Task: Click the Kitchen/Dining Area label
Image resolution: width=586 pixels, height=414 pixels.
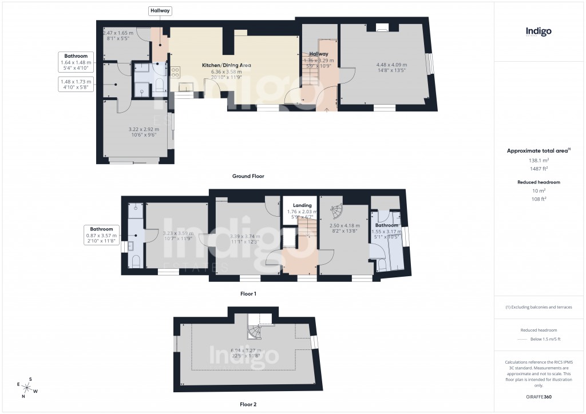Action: click(x=227, y=65)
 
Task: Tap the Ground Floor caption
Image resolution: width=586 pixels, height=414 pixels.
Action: click(x=248, y=176)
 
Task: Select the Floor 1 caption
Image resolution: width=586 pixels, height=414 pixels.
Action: click(x=248, y=293)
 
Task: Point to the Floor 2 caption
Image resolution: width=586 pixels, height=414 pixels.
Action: click(x=248, y=404)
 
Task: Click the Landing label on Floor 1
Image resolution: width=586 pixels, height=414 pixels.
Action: click(x=302, y=205)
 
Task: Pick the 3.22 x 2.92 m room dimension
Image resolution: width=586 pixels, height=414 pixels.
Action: click(x=144, y=130)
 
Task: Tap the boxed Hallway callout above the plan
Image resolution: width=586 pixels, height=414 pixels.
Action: click(x=160, y=11)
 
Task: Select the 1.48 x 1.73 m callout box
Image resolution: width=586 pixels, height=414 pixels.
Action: click(x=76, y=85)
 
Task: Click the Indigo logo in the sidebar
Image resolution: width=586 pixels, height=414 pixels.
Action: click(x=539, y=32)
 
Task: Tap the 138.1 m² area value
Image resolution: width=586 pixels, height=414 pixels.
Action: click(x=538, y=161)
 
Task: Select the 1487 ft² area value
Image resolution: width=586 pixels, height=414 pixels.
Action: click(x=538, y=169)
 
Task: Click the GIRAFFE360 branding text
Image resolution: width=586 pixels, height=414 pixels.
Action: click(x=539, y=396)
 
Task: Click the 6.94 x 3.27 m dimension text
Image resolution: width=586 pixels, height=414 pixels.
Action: click(x=246, y=351)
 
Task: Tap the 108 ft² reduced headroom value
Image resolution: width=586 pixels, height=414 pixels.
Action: click(x=538, y=199)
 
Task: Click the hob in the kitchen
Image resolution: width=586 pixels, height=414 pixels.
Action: click(x=174, y=73)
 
